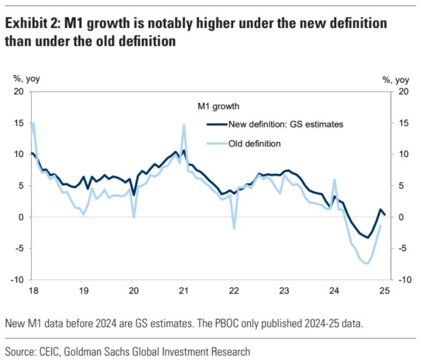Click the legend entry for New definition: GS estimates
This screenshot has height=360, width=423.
point(286,124)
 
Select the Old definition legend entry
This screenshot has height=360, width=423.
point(255,144)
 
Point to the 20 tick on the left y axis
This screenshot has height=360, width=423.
point(19,91)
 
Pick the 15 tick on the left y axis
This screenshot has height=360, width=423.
point(19,123)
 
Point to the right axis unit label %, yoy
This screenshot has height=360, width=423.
point(395,80)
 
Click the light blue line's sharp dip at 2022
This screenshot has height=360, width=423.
point(234,228)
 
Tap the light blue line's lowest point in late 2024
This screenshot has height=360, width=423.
point(367,264)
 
